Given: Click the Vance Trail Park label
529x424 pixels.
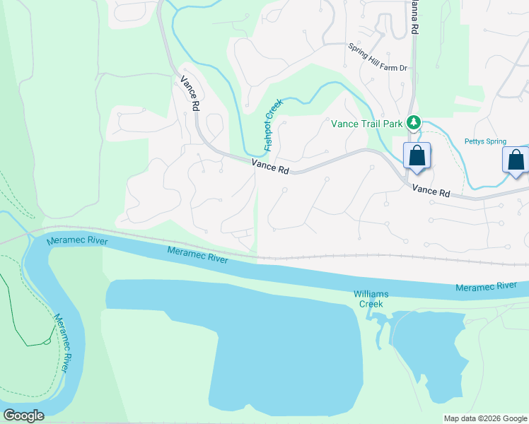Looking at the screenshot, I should [x=367, y=124].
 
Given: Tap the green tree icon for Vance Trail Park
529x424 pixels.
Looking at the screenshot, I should [x=414, y=123].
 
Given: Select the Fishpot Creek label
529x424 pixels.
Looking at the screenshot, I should [x=272, y=124].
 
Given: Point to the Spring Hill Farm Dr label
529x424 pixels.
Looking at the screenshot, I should [x=378, y=57].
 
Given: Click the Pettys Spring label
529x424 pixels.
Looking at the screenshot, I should [x=485, y=141].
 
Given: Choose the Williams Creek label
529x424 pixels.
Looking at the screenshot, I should [x=371, y=299].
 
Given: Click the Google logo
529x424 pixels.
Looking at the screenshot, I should [x=23, y=415].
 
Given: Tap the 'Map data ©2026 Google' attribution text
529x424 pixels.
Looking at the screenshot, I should [x=485, y=418].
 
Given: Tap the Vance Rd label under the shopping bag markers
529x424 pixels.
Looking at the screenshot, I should [x=431, y=191].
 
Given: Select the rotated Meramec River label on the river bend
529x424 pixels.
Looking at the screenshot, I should [x=62, y=342].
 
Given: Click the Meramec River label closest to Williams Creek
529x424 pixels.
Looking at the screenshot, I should [x=487, y=286].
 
